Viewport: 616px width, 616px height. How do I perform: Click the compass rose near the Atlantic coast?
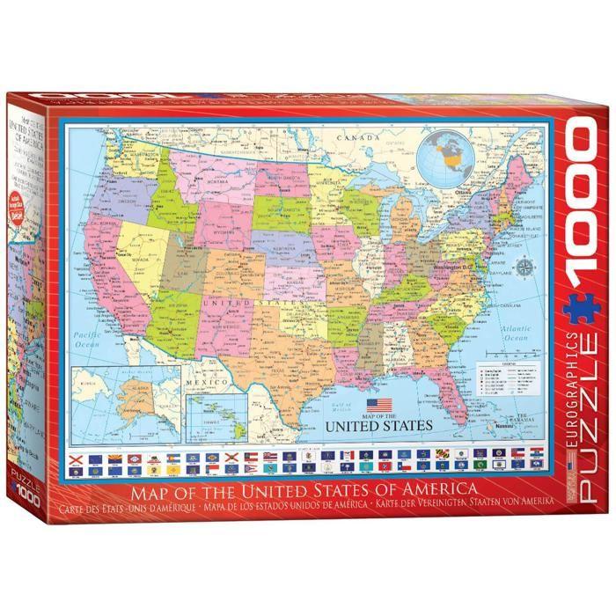click(x=527, y=267)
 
